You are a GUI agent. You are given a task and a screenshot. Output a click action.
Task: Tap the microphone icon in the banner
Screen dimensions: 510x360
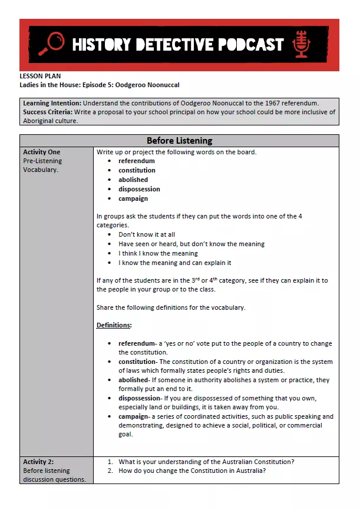pos(302,44)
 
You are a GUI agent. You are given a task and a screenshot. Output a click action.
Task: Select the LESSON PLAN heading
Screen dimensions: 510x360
pos(40,76)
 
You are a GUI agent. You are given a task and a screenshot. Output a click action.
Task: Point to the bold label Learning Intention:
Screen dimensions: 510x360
pos(52,103)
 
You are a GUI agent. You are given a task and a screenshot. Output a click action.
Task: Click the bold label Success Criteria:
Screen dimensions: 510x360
pos(48,112)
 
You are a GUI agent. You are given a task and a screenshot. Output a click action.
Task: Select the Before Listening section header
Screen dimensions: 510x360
pos(179,141)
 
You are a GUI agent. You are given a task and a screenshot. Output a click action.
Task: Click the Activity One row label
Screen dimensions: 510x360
pos(41,152)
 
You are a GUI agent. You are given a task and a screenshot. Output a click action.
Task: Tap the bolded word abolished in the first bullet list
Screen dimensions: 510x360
pos(133,180)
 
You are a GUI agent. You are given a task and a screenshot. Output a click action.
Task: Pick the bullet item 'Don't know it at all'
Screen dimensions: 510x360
pos(147,234)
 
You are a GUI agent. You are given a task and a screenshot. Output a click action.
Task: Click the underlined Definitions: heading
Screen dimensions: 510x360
pos(114,325)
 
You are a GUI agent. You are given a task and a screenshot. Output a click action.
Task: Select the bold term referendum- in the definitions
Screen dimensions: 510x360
pos(137,343)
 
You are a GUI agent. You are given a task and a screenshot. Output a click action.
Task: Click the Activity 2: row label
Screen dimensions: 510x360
pos(38,462)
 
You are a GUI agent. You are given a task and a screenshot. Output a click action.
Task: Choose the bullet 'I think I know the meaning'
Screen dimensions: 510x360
pos(158,253)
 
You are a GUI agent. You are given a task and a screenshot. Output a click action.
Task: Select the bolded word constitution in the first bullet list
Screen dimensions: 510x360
pos(137,170)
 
